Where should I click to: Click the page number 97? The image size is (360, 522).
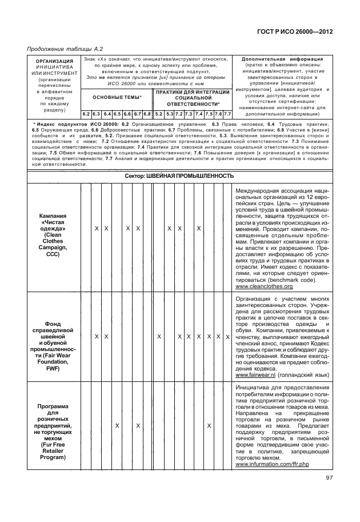pos(329,478)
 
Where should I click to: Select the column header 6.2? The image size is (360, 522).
pos(86,114)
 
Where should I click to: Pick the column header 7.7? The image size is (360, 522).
pos(227,114)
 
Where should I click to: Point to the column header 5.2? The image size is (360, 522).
pos(159,114)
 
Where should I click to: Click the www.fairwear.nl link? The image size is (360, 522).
pos(255,375)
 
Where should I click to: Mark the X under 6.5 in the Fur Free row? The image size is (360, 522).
pos(117,426)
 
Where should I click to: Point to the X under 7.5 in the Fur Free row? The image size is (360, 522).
pos(209,426)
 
